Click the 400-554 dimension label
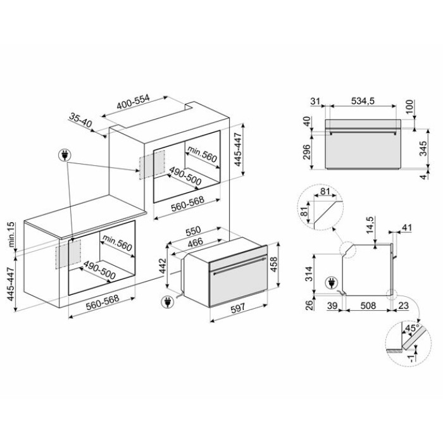[133, 102]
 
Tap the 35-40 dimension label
[81, 122]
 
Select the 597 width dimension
[237, 308]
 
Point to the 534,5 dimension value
[363, 101]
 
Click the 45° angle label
[412, 328]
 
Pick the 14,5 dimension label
[370, 226]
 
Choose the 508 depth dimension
[368, 306]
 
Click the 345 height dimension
[423, 147]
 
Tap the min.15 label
[11, 235]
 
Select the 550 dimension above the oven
[193, 231]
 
